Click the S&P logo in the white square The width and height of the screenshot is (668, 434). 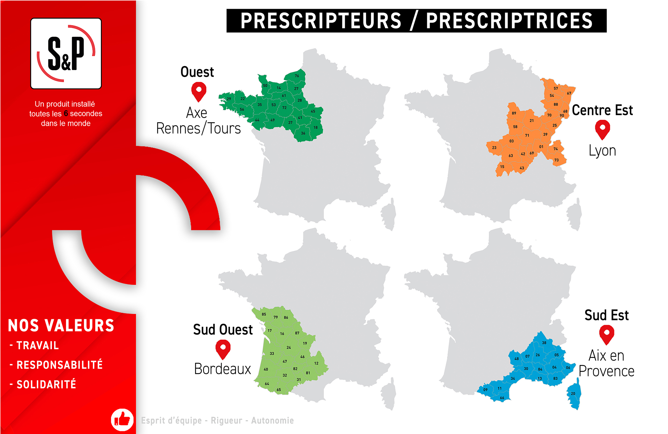[66, 53]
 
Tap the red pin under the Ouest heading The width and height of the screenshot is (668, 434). [199, 91]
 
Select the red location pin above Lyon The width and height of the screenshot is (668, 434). [602, 129]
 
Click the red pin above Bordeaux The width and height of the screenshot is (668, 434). [223, 349]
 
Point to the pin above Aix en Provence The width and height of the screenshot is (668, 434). [606, 334]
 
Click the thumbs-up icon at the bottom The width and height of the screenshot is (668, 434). [122, 420]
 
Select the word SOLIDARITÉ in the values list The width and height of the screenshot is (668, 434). [46, 384]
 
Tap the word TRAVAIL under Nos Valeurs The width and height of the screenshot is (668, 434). [38, 345]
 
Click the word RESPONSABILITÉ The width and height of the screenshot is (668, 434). [59, 365]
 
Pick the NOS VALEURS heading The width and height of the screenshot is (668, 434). [61, 325]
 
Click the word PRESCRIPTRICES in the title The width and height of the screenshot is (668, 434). [509, 21]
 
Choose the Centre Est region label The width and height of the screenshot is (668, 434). [602, 110]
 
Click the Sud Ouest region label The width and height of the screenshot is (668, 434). [223, 330]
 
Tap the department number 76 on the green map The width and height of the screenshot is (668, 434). [297, 76]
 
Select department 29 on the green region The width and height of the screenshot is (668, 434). [229, 99]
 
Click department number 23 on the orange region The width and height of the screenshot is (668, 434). [494, 148]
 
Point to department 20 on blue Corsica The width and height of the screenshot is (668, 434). [573, 394]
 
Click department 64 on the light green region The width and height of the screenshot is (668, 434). [267, 384]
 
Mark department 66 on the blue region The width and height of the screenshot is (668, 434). [502, 398]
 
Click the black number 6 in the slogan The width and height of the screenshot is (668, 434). [66, 114]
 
